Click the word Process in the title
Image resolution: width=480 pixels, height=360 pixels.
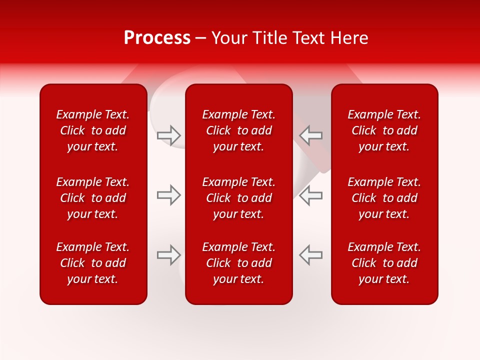pyautogui.click(x=157, y=38)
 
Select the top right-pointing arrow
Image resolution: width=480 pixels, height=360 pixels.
pyautogui.click(x=168, y=135)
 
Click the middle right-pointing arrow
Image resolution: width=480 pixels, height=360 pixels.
pyautogui.click(x=168, y=195)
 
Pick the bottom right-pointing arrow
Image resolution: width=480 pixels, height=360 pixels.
pyautogui.click(x=168, y=255)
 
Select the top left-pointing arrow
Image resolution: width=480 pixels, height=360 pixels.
pyautogui.click(x=310, y=135)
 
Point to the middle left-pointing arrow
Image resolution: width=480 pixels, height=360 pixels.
pyautogui.click(x=310, y=195)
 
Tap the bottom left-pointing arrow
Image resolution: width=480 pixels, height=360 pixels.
pyautogui.click(x=310, y=255)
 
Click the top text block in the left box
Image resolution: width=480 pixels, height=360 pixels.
pyautogui.click(x=93, y=130)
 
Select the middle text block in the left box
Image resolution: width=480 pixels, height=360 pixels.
pyautogui.click(x=93, y=198)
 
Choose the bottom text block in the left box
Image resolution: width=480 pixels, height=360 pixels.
pyautogui.click(x=93, y=263)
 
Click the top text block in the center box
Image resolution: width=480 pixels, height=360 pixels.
pyautogui.click(x=238, y=130)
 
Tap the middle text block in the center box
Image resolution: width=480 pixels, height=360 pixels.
pyautogui.click(x=238, y=198)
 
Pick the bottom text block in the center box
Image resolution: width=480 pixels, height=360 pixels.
pyautogui.click(x=238, y=263)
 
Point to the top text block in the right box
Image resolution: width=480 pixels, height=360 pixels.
pyautogui.click(x=384, y=130)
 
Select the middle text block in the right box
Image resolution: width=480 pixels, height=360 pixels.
pyautogui.click(x=384, y=198)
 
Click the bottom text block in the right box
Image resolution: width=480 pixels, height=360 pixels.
pyautogui.click(x=384, y=263)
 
